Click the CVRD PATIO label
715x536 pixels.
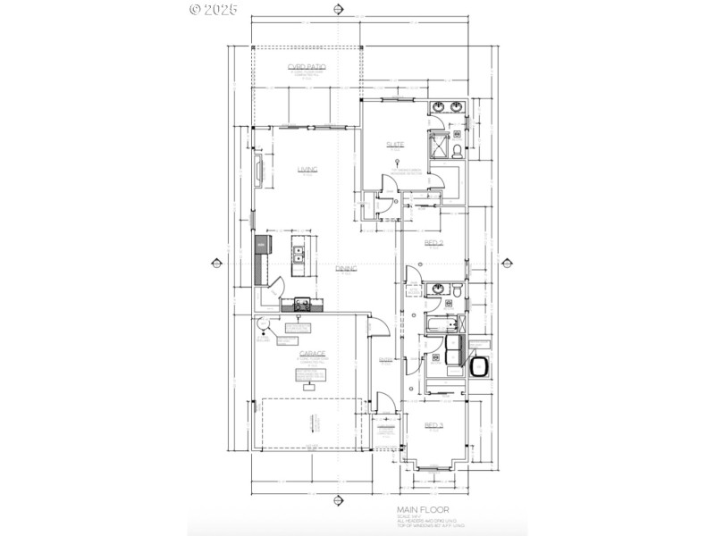tap(307, 68)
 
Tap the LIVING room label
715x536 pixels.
tap(307, 169)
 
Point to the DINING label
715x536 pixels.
tap(346, 268)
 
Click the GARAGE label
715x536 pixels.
tap(312, 353)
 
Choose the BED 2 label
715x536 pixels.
tap(434, 243)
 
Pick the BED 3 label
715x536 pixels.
tap(434, 424)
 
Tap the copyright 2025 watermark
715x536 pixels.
tap(214, 10)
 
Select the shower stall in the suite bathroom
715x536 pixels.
tap(442, 146)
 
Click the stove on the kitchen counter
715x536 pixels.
tap(302, 303)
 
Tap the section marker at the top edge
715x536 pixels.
tap(338, 11)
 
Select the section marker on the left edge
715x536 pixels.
tap(214, 263)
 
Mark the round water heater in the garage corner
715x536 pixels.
tap(264, 325)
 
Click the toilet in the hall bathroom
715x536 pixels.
tap(456, 291)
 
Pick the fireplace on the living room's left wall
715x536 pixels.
tap(260, 170)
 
